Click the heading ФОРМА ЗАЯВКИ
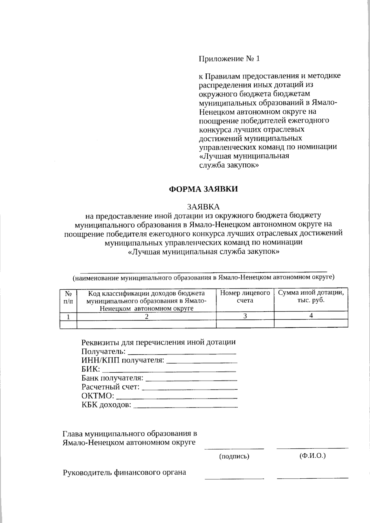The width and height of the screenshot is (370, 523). (x=203, y=189)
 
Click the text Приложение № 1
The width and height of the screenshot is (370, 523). (x=229, y=59)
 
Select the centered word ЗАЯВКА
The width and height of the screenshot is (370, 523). (x=203, y=206)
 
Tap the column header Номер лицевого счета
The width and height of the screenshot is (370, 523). (x=245, y=296)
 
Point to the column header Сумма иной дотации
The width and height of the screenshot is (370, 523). (x=311, y=296)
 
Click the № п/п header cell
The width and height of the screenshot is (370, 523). (x=68, y=297)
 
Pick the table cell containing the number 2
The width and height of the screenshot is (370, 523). (x=146, y=316)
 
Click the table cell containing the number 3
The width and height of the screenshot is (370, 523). (x=245, y=316)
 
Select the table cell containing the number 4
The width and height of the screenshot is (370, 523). (x=311, y=316)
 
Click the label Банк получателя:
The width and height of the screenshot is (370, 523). (x=112, y=378)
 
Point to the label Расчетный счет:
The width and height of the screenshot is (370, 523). (x=110, y=387)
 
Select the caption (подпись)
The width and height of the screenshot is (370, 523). (x=234, y=456)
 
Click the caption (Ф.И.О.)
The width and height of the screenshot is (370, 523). (x=312, y=456)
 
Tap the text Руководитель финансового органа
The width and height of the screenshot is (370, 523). (x=124, y=472)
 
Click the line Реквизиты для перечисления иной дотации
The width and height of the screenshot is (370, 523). (x=158, y=342)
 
